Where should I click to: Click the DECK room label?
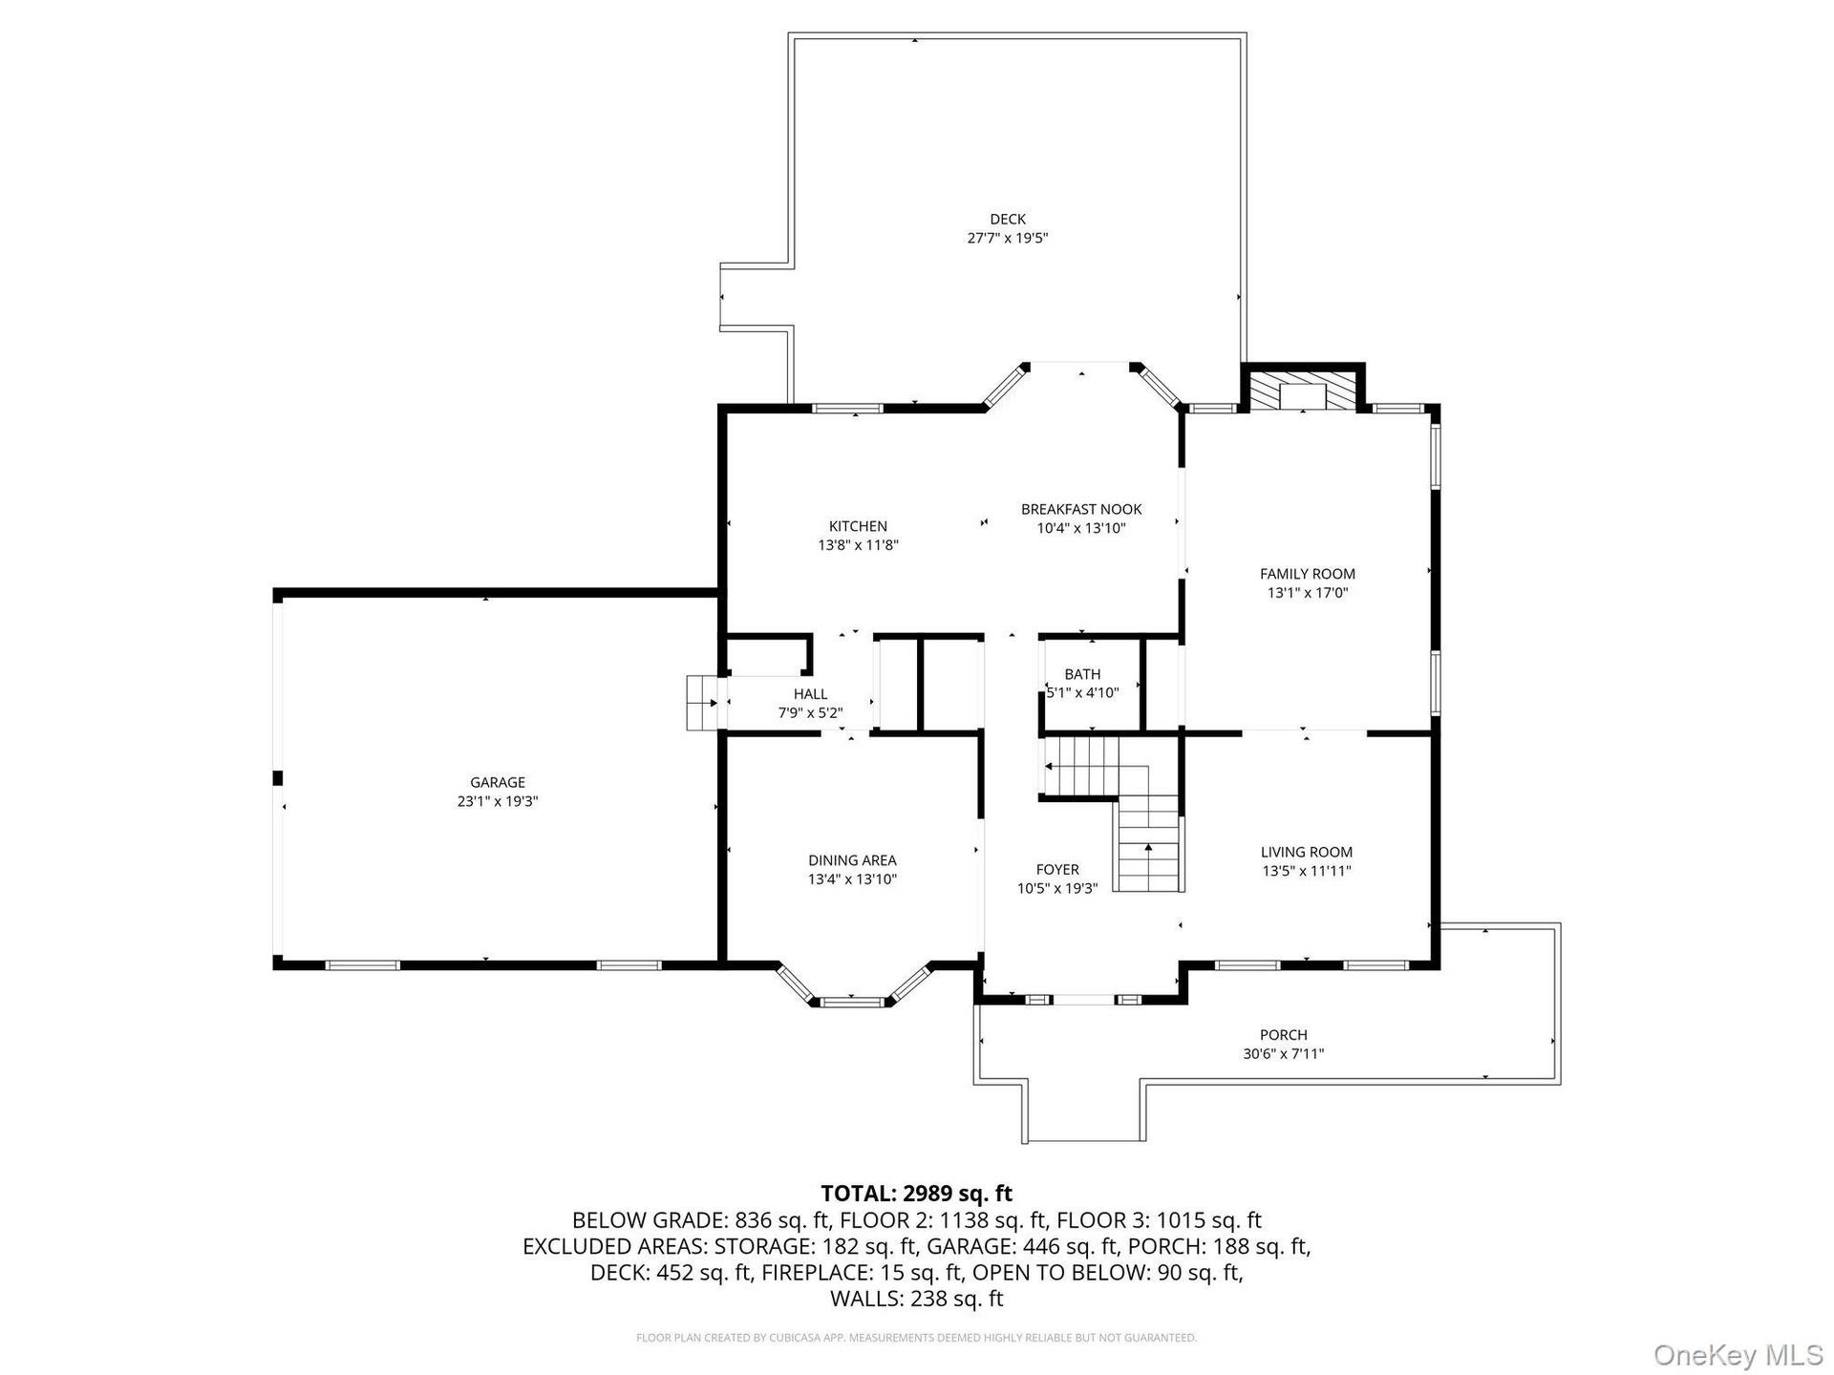(1008, 220)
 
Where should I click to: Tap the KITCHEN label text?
(858, 526)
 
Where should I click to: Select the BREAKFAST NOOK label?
(1081, 509)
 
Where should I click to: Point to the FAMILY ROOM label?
(1307, 574)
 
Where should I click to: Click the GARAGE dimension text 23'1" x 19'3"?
(498, 802)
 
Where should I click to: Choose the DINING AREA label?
(852, 860)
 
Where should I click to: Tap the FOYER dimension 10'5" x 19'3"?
(1057, 888)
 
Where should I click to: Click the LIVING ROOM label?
(1307, 853)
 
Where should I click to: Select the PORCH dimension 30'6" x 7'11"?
(1283, 1054)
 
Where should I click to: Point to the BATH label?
(1082, 674)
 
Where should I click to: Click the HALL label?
(810, 694)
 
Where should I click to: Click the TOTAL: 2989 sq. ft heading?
(916, 1194)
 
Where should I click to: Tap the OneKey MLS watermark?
(1738, 1354)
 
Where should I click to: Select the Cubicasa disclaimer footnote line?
(916, 1338)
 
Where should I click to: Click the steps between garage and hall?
(702, 704)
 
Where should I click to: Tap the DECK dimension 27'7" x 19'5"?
(1008, 239)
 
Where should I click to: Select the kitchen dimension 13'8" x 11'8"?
(858, 545)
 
